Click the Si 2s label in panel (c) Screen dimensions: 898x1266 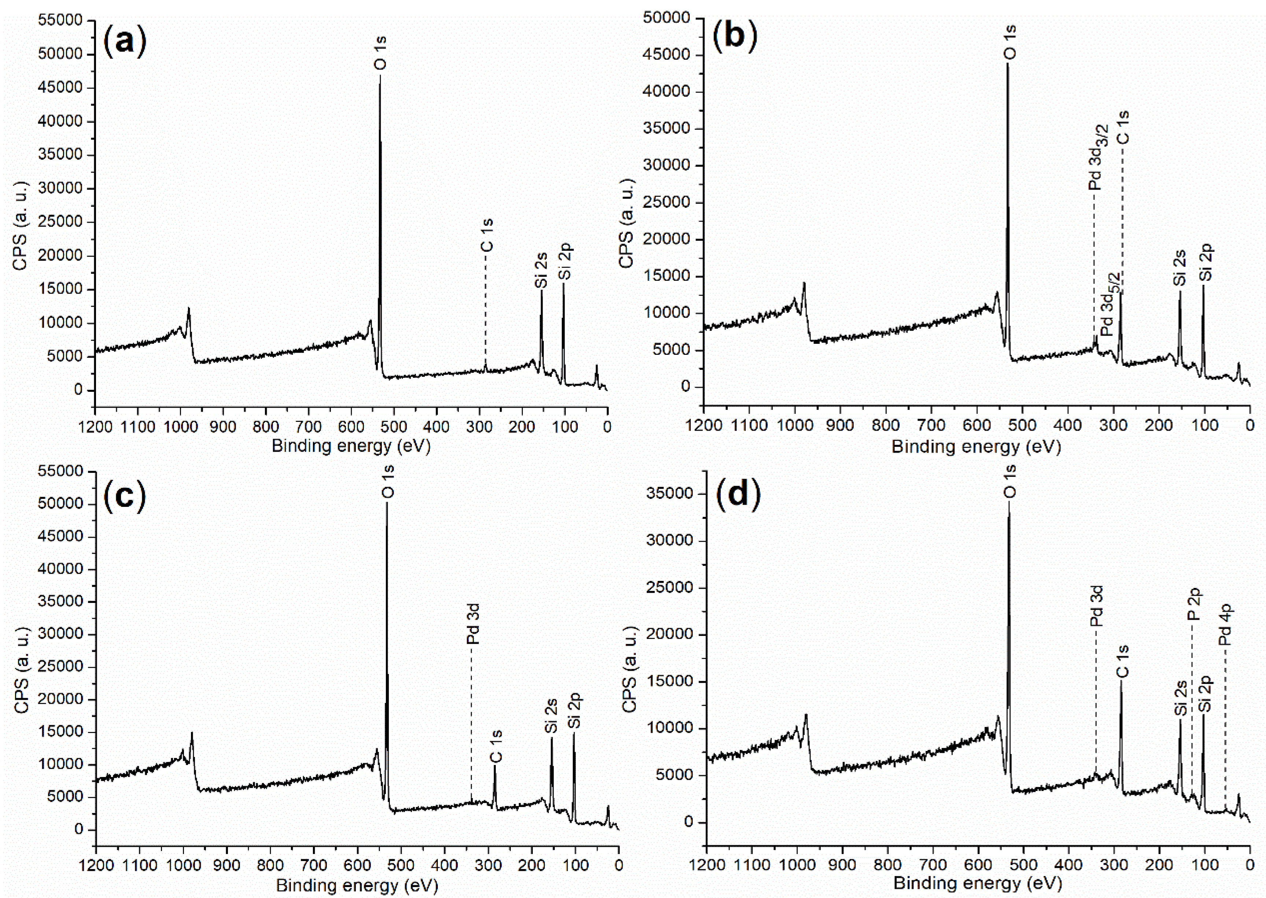(551, 716)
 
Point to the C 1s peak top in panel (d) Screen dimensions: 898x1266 (1121, 681)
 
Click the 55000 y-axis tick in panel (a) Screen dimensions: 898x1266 (60, 21)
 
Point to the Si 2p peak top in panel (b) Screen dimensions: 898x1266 (1203, 286)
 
